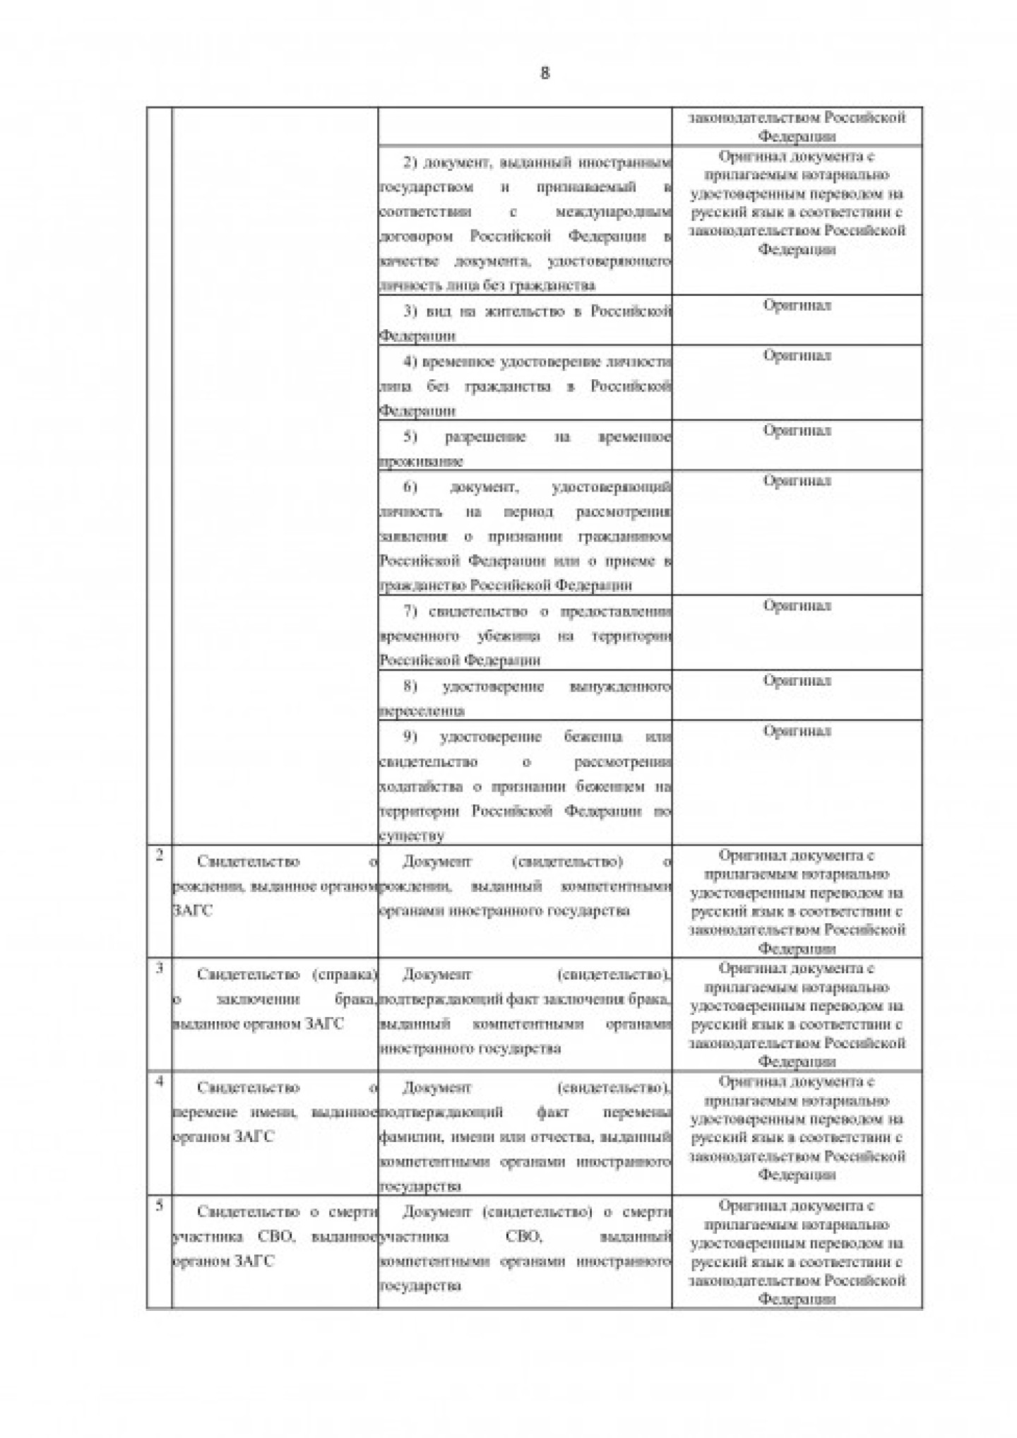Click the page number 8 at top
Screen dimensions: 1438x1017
544,73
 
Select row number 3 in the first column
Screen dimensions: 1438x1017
160,968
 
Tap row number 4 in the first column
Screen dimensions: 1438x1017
160,1081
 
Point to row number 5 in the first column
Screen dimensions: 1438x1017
160,1206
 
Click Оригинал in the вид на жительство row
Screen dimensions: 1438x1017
797,306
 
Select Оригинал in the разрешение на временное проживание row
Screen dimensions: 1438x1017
797,431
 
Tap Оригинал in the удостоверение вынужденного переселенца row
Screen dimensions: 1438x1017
797,681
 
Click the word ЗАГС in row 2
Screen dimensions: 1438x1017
193,911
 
